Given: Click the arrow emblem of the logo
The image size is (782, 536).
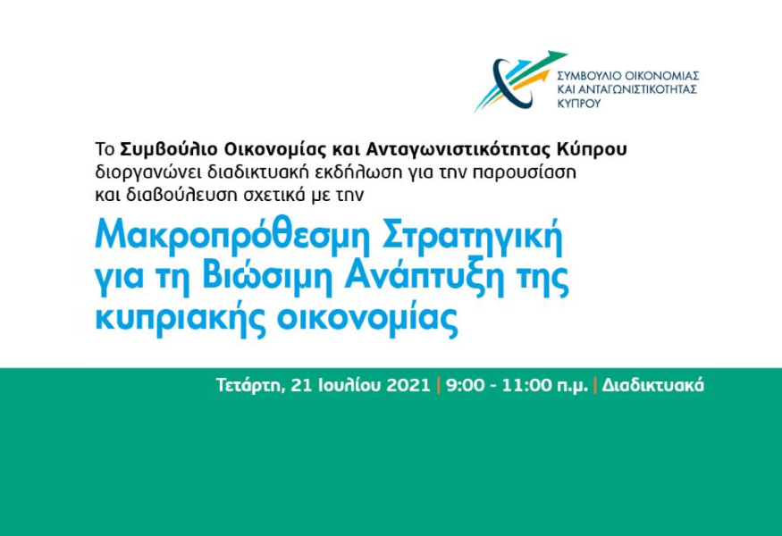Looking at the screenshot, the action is (518, 80).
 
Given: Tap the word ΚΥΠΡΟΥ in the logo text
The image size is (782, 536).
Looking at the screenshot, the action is (579, 104).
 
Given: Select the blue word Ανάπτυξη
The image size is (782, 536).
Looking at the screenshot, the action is (423, 278).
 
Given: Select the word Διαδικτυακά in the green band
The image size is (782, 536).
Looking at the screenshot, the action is (652, 385).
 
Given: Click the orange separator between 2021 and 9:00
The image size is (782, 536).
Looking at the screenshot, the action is (439, 385).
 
